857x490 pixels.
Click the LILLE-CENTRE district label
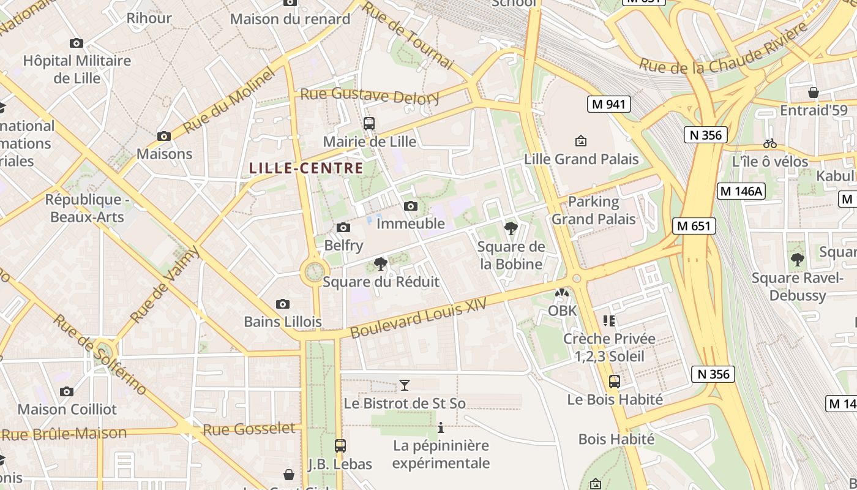(x=306, y=168)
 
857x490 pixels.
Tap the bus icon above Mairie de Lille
(x=369, y=124)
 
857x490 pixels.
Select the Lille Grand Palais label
(x=581, y=159)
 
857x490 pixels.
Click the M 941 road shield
(x=608, y=104)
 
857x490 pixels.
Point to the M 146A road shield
(x=741, y=191)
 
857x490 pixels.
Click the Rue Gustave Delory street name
(x=370, y=96)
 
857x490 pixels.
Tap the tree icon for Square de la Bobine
(x=511, y=229)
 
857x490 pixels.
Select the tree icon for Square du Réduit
(x=381, y=264)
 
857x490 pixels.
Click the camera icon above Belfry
(x=343, y=228)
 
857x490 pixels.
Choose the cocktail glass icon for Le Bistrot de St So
(x=404, y=385)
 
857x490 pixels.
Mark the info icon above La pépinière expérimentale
(x=441, y=428)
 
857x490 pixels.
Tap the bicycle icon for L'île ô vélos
(x=770, y=144)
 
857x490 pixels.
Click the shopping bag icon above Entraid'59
(x=814, y=92)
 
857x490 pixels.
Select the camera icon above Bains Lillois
(x=282, y=304)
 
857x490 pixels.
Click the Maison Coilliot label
(x=67, y=409)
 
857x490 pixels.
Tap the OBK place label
(x=562, y=311)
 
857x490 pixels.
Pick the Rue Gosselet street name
(x=249, y=429)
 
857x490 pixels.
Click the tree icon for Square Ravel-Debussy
(x=797, y=260)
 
